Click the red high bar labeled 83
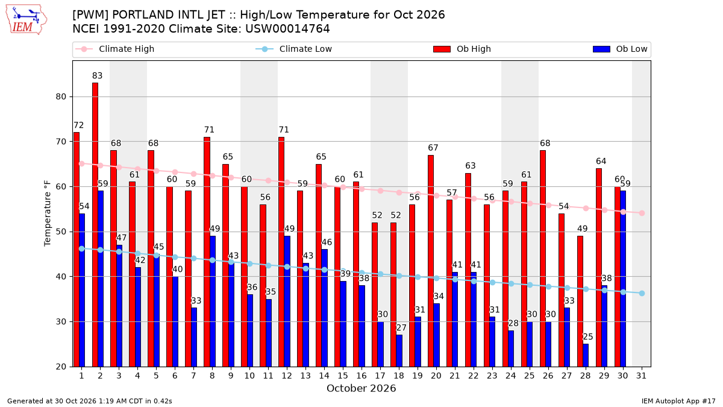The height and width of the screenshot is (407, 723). pos(95,225)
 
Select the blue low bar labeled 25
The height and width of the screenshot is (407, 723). pos(586,355)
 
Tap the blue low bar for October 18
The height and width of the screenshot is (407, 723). pos(399,351)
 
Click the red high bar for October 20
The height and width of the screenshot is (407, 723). pos(431,261)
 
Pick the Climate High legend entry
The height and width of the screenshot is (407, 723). pos(114,49)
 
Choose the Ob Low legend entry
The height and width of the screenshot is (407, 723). pos(620,49)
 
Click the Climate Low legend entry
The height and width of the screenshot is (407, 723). pos(294,49)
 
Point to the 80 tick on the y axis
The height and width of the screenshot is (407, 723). pos(61,97)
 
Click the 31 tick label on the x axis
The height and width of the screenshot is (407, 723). pos(641,376)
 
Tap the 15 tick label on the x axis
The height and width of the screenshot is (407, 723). pos(343,376)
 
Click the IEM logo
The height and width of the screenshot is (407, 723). pos(27,20)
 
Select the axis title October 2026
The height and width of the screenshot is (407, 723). pos(361,388)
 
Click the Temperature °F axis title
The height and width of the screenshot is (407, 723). pos(48,214)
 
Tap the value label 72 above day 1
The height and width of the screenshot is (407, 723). pos(79,125)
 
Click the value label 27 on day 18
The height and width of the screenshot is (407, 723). pos(401,328)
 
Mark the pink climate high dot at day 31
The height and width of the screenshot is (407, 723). pos(642,213)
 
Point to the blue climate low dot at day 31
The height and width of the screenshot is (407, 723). pos(642,293)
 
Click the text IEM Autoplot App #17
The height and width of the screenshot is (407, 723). pos(678,401)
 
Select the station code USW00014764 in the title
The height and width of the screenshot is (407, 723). pos(287,29)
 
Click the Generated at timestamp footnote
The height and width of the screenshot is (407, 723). pos(90,401)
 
